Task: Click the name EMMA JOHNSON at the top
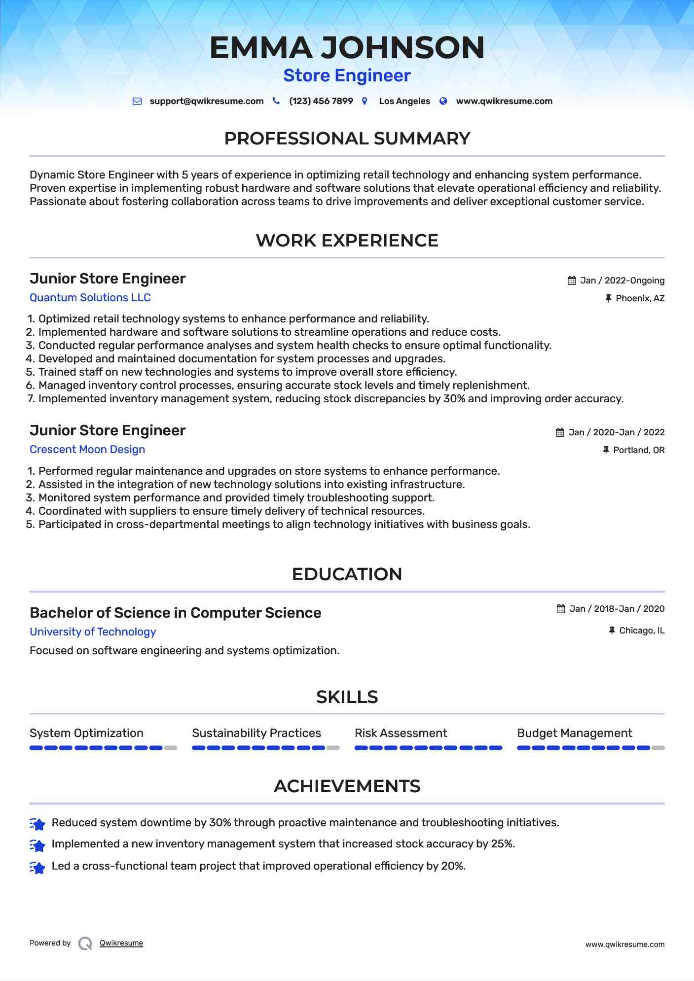(x=347, y=48)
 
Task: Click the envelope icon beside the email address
(x=137, y=101)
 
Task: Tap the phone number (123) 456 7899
(x=321, y=101)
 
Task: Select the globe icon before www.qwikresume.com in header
(x=443, y=101)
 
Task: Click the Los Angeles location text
(x=404, y=101)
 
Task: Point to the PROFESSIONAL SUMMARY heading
(x=347, y=139)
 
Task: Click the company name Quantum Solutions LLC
(x=90, y=298)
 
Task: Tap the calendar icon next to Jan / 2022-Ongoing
(x=572, y=280)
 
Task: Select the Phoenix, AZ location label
(x=640, y=298)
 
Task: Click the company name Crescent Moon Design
(x=87, y=450)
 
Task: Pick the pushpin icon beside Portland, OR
(x=606, y=450)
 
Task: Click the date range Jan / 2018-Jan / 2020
(x=617, y=609)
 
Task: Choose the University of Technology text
(x=93, y=632)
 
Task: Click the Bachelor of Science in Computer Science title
(x=175, y=613)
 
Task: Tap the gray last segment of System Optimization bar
(x=171, y=748)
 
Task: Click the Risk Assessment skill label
(x=401, y=733)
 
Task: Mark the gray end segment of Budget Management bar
(x=658, y=748)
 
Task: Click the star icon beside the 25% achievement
(x=37, y=845)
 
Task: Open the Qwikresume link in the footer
(x=121, y=943)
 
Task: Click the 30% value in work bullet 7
(x=454, y=399)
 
